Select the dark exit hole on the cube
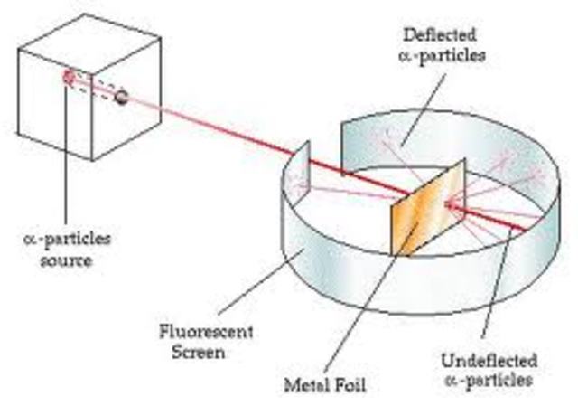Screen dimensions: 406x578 point(121,96)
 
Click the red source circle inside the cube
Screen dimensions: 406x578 point(69,78)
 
